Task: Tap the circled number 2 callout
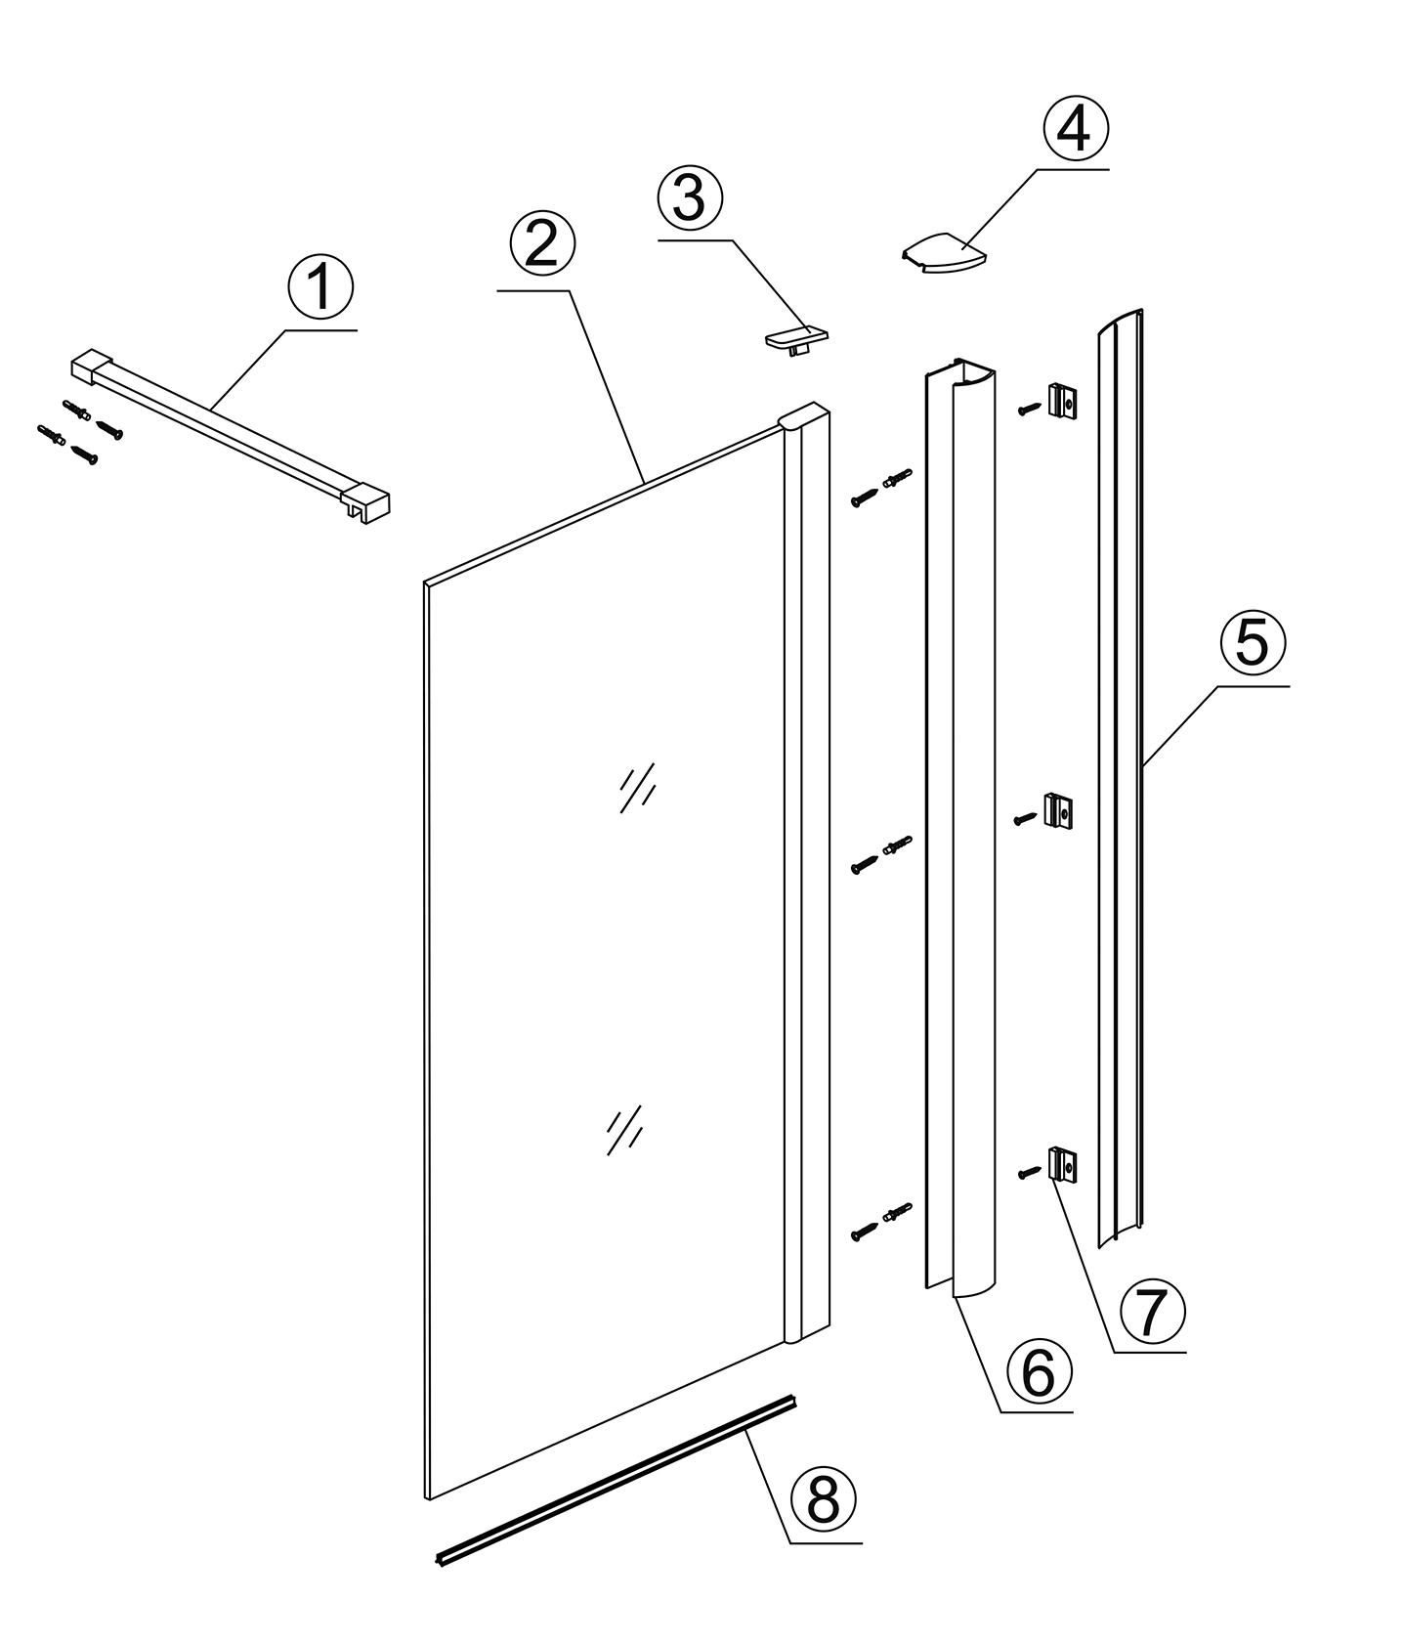(542, 244)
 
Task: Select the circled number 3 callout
(690, 198)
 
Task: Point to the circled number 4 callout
(1076, 129)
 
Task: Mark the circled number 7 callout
(1152, 1313)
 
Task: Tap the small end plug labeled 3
(795, 341)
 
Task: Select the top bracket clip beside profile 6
(1062, 401)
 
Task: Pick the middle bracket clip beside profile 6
(1060, 810)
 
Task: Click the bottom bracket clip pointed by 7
(1061, 1164)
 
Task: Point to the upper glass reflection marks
(637, 787)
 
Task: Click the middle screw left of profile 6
(865, 864)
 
